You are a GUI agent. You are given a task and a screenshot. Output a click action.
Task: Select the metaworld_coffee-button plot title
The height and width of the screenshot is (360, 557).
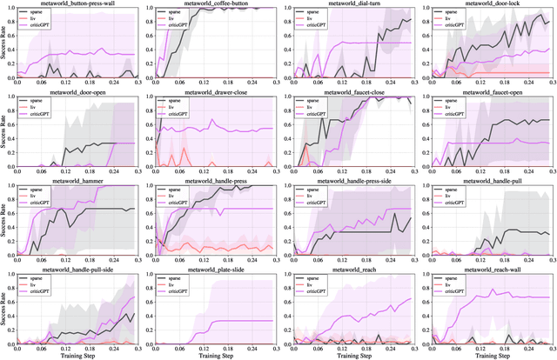216,3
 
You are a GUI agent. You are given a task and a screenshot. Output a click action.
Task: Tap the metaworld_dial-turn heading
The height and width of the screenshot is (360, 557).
352,3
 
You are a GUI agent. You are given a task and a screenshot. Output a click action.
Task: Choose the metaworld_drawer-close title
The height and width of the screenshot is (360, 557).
216,93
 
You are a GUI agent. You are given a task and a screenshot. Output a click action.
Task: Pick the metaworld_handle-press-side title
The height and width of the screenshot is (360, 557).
352,182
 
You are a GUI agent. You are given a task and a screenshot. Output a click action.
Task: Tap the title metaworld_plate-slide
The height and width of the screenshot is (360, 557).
216,271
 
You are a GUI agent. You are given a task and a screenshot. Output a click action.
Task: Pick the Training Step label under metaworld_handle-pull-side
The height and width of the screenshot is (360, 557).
83,355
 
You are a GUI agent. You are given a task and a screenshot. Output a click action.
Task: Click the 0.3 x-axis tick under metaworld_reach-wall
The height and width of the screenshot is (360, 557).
547,346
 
